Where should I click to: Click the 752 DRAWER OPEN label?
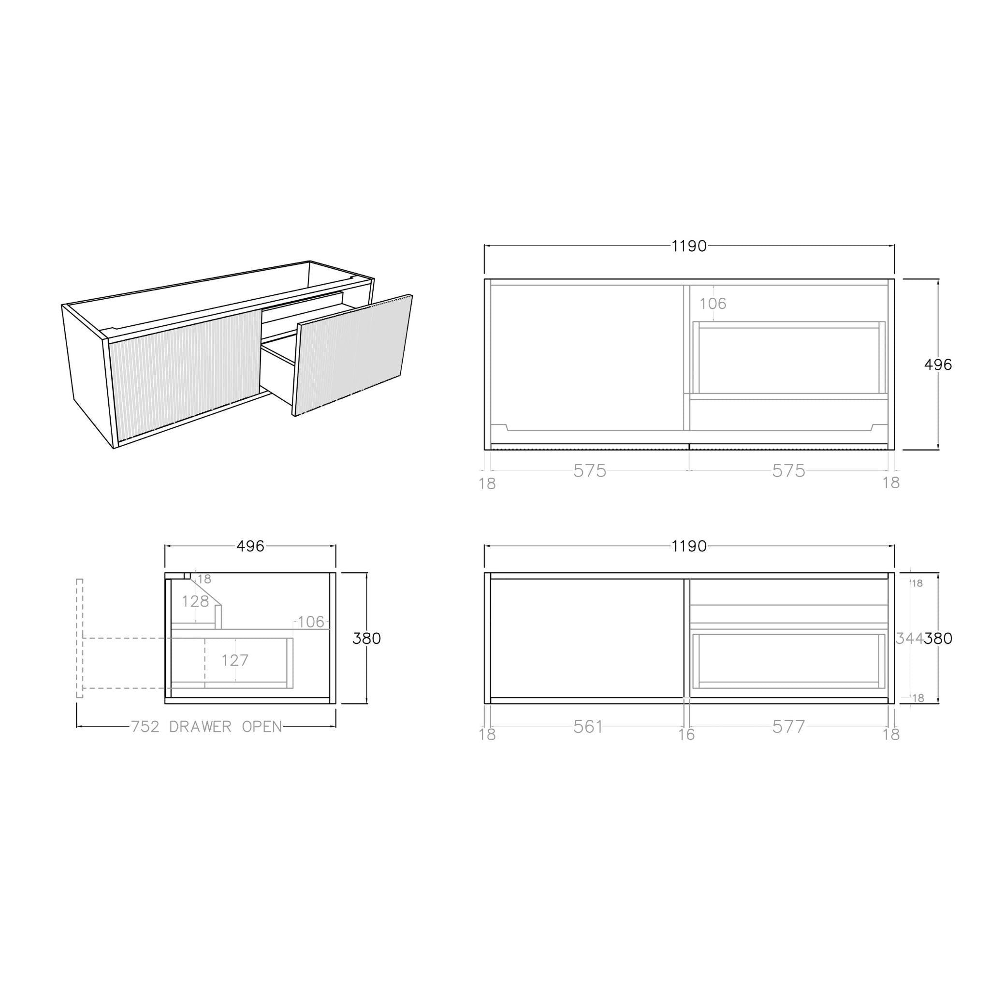[206, 727]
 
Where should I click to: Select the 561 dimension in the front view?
[588, 727]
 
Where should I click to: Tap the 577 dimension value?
[788, 727]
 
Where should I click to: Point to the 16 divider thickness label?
[686, 735]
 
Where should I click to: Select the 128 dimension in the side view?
[195, 601]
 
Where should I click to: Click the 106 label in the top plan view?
[713, 304]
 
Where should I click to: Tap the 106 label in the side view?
[311, 622]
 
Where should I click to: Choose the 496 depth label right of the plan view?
[938, 365]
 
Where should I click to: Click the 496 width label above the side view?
[250, 547]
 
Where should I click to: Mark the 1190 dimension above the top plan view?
[689, 247]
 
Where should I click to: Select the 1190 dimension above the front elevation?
[689, 547]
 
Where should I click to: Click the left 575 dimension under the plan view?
[590, 471]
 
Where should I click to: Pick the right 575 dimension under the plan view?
[788, 471]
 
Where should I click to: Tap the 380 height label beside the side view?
[366, 639]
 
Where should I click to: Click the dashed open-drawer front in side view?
[79, 639]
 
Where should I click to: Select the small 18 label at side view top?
[204, 580]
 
